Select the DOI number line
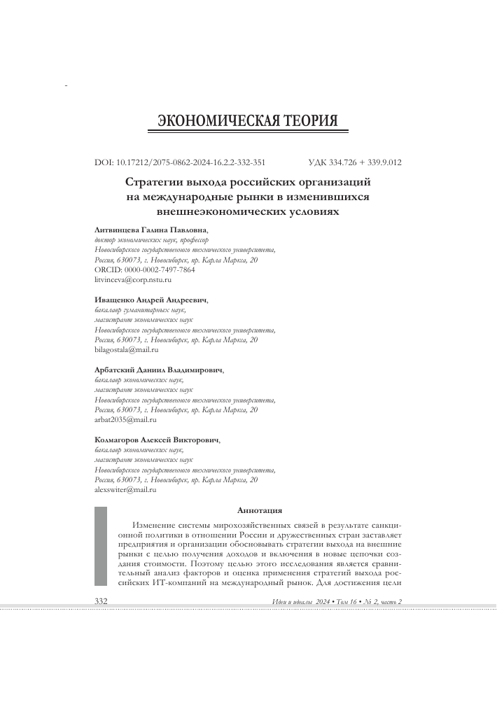click(179, 162)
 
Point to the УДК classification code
click(354, 162)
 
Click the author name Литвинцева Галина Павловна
click(150, 230)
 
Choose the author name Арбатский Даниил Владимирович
click(158, 369)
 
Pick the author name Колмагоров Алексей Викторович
click(157, 440)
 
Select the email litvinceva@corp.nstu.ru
click(132, 279)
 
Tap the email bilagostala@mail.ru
click(126, 349)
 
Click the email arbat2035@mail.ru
click(125, 420)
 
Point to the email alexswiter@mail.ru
click(125, 490)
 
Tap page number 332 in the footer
click(101, 602)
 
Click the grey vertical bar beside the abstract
click(101, 546)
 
